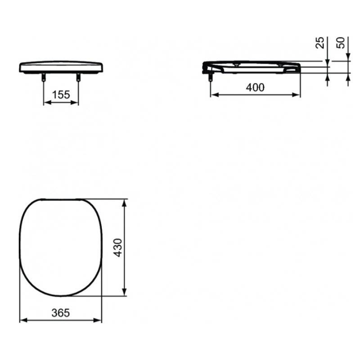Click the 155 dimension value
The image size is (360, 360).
[61, 94]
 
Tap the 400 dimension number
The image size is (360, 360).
[255, 87]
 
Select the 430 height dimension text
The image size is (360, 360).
[119, 247]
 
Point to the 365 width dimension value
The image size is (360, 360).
[61, 313]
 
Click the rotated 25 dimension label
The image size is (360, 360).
[320, 42]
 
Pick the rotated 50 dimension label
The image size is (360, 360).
[341, 43]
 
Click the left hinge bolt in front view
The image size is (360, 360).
[43, 77]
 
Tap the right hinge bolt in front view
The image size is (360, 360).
[78, 77]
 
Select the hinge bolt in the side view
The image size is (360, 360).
[210, 77]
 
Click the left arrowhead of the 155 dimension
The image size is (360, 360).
[47, 103]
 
